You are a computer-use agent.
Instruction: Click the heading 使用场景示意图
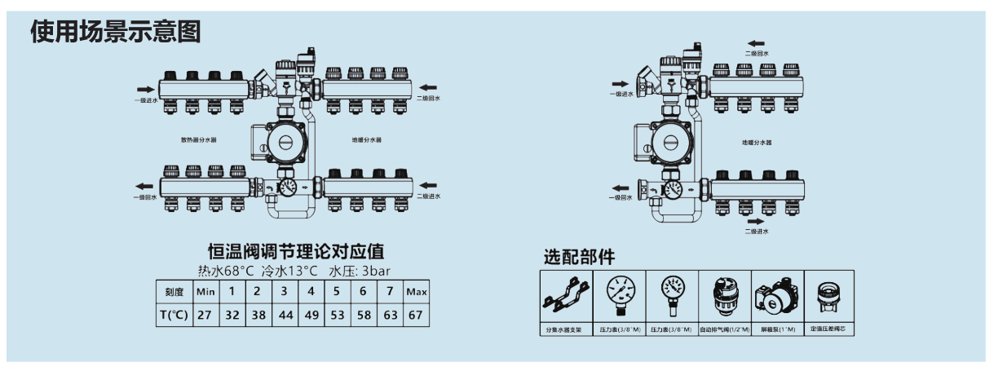click(x=115, y=32)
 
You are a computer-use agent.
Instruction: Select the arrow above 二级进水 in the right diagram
click(x=758, y=220)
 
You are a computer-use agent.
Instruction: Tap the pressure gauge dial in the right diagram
click(x=671, y=190)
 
